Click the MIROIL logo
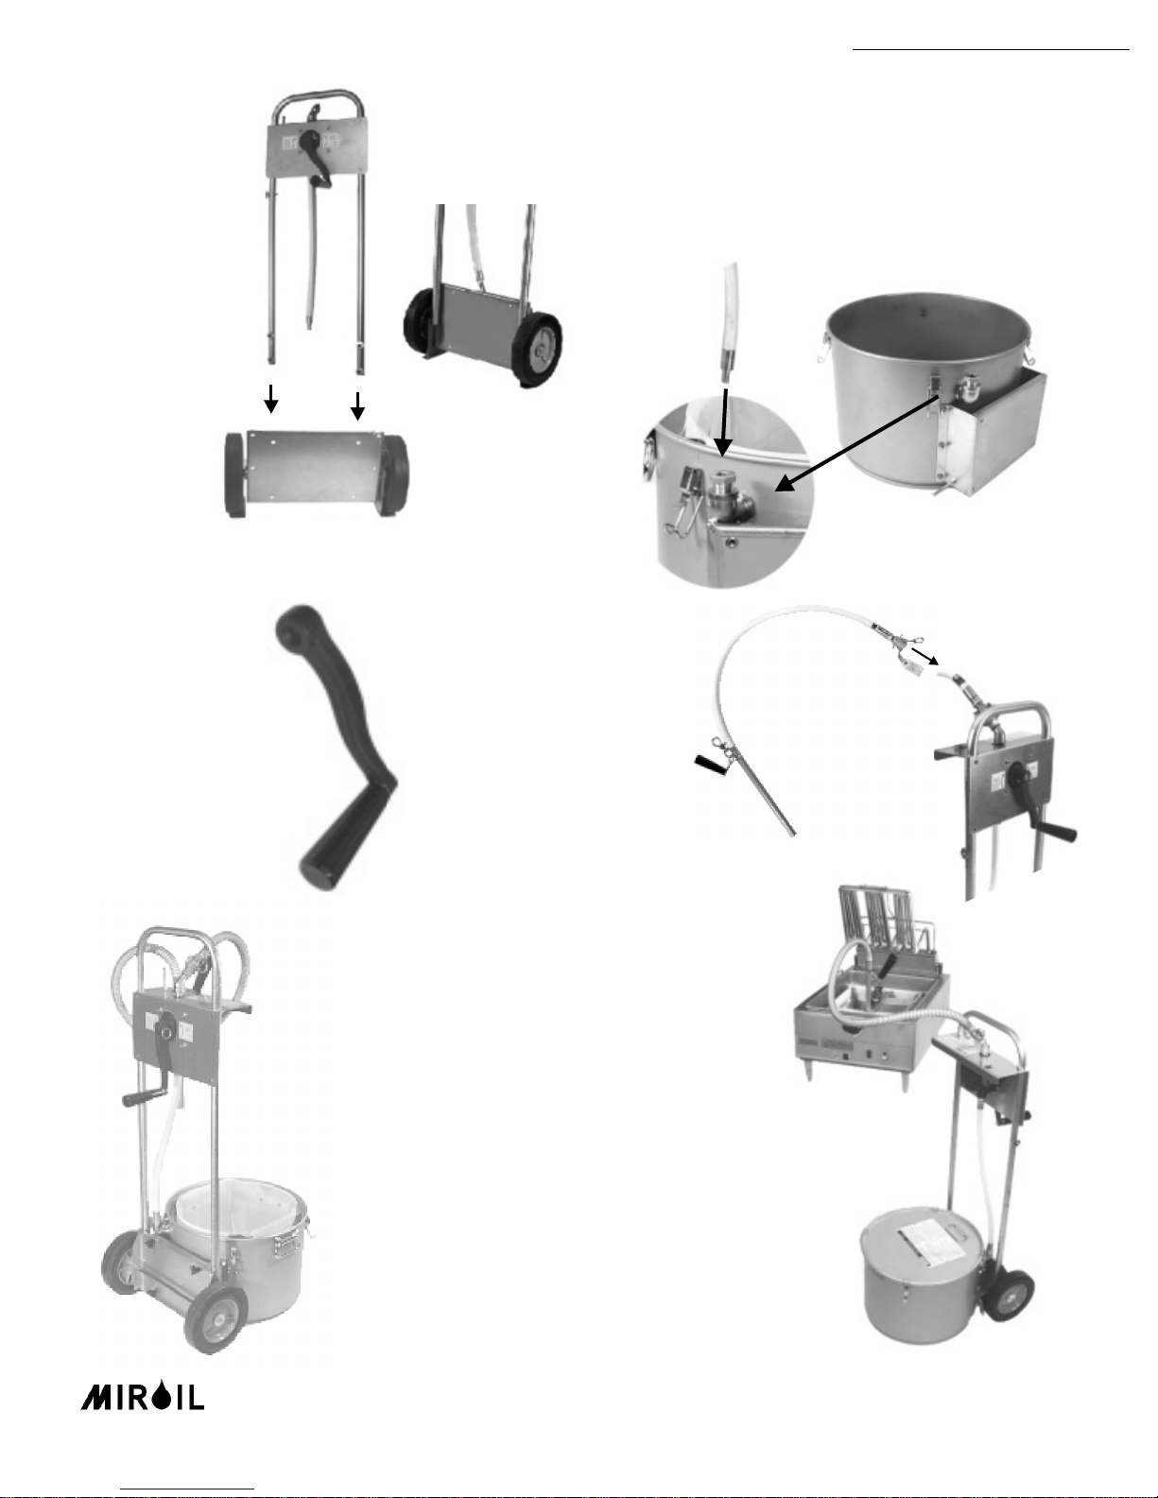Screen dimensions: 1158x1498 pos(143,1395)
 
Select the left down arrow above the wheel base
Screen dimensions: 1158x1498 pos(271,399)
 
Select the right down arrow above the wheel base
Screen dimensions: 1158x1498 pos(357,406)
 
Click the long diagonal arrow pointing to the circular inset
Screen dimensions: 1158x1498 pos(857,442)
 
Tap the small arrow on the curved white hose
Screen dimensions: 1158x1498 pos(925,655)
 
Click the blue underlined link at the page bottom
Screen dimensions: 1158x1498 pos(187,1489)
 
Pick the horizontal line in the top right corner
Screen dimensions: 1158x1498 pos(992,50)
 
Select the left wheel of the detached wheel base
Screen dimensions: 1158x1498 pos(236,475)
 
